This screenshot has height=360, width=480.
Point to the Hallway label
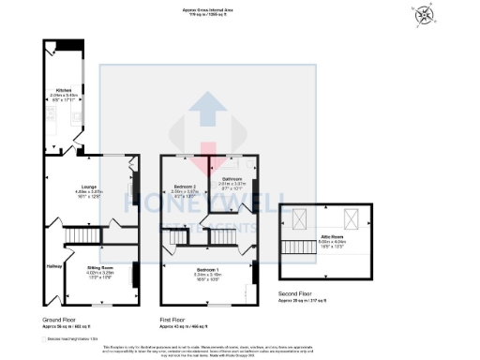click(x=53, y=265)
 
